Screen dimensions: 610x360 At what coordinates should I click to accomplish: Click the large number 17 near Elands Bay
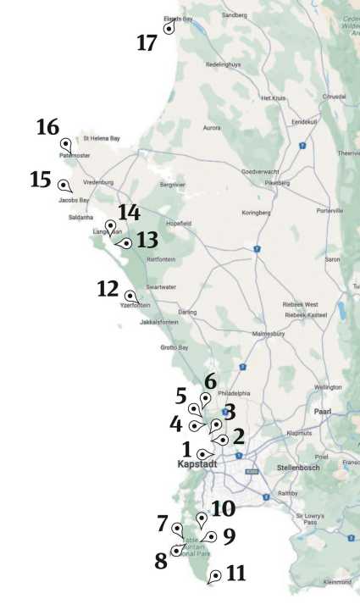coord(147,42)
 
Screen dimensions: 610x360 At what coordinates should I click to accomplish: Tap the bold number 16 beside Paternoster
coord(47,128)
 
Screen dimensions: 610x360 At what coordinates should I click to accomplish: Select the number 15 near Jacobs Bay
coord(41,180)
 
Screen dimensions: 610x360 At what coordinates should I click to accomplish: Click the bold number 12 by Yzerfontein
coord(108,289)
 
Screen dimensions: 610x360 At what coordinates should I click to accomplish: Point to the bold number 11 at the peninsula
coord(236,574)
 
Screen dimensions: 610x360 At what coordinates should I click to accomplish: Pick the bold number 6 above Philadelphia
coord(210,381)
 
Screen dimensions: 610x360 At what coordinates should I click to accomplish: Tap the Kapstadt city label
coord(198,464)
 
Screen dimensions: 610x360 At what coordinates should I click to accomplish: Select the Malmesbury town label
coord(272,335)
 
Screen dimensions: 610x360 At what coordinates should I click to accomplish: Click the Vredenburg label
coord(98,182)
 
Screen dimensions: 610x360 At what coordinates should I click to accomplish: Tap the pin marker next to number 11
coord(214,575)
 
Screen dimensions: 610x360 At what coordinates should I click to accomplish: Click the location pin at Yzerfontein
coord(130,296)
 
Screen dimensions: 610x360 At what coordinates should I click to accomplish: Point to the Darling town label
coord(187,312)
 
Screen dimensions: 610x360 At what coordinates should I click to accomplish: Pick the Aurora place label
coord(212,128)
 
